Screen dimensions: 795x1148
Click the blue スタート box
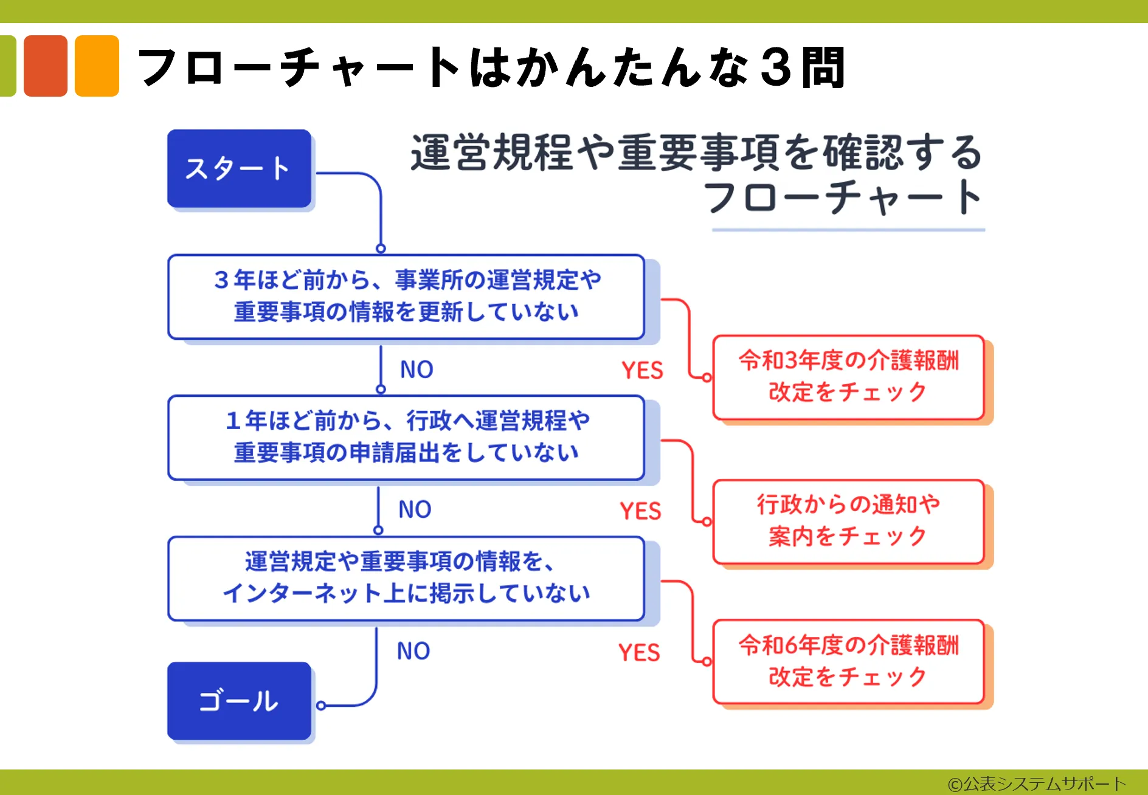239,168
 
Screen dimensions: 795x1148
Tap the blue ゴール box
239,701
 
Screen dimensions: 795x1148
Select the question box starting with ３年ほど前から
406,297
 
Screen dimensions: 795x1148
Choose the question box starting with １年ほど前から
406,438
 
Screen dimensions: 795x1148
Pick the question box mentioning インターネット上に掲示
406,579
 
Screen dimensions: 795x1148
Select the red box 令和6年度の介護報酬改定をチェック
848,662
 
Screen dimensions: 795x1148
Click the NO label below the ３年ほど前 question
417,370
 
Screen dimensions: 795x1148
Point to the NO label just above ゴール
413,651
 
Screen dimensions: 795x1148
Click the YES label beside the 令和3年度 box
642,370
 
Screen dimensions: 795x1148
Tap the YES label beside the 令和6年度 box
639,653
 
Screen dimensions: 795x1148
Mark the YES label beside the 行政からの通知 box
640,511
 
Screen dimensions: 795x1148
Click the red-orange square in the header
46,66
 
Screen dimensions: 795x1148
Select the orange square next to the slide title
97,66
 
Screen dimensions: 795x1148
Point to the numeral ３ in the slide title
775,67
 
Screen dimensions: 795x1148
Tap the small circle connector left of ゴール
321,706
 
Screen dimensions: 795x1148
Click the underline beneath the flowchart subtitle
848,230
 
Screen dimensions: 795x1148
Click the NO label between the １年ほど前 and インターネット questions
415,509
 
